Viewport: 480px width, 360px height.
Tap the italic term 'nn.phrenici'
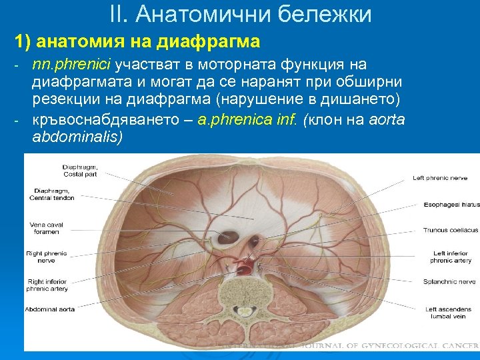(73, 65)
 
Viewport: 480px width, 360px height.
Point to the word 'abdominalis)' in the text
(77, 137)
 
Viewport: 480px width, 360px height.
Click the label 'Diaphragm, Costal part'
(80, 170)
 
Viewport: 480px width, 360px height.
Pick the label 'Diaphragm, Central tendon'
(53, 194)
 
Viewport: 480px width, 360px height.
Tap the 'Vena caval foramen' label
(45, 228)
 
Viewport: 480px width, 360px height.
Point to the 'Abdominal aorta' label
(50, 309)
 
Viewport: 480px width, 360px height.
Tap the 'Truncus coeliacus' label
(450, 230)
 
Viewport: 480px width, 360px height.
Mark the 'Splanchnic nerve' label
(449, 282)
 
